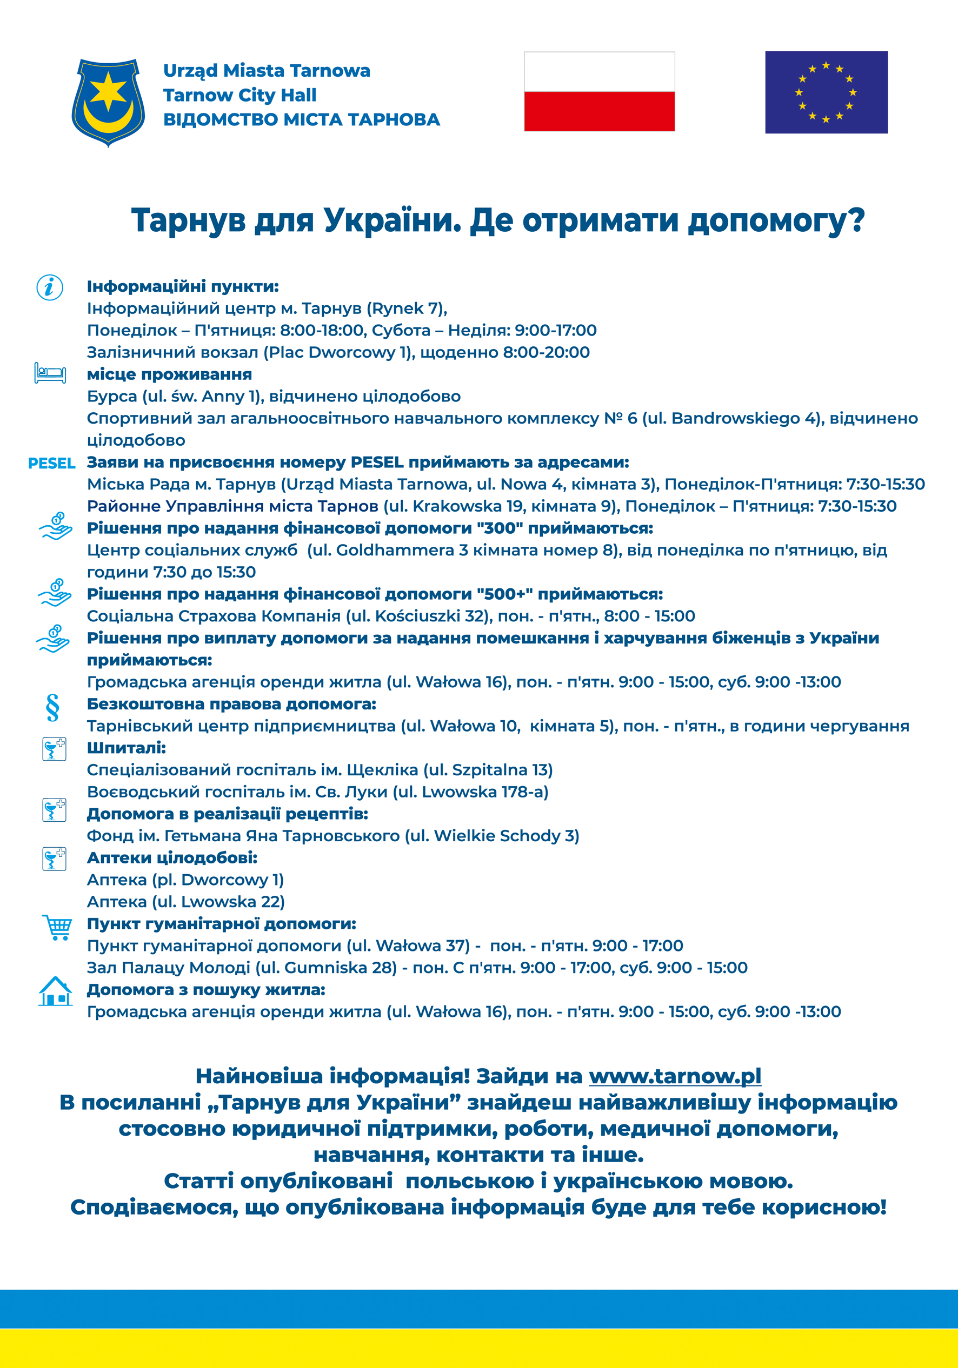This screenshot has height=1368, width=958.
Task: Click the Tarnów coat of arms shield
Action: [x=108, y=102]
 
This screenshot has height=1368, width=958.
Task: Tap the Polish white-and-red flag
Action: [x=599, y=91]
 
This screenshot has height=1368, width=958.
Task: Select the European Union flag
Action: [x=826, y=92]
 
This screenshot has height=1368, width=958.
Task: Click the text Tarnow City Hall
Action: [x=239, y=95]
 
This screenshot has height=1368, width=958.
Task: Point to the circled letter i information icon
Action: [x=50, y=288]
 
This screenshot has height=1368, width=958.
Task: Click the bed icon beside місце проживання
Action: [x=50, y=373]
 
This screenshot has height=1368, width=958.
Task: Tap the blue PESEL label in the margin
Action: [x=52, y=464]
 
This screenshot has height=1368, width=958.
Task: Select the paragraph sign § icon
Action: [x=52, y=708]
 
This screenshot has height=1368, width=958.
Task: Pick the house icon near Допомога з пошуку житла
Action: [x=56, y=991]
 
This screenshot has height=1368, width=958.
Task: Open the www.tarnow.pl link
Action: [x=675, y=1076]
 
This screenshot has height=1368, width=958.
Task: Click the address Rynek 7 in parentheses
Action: [x=406, y=309]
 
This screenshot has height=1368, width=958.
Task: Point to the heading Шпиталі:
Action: [x=127, y=748]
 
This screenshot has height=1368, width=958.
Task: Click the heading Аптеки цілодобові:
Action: [x=172, y=858]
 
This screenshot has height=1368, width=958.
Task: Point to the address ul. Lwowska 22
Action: [x=218, y=902]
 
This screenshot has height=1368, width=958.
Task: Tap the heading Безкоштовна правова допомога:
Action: [x=231, y=704]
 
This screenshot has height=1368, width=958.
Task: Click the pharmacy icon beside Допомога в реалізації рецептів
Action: [x=54, y=810]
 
